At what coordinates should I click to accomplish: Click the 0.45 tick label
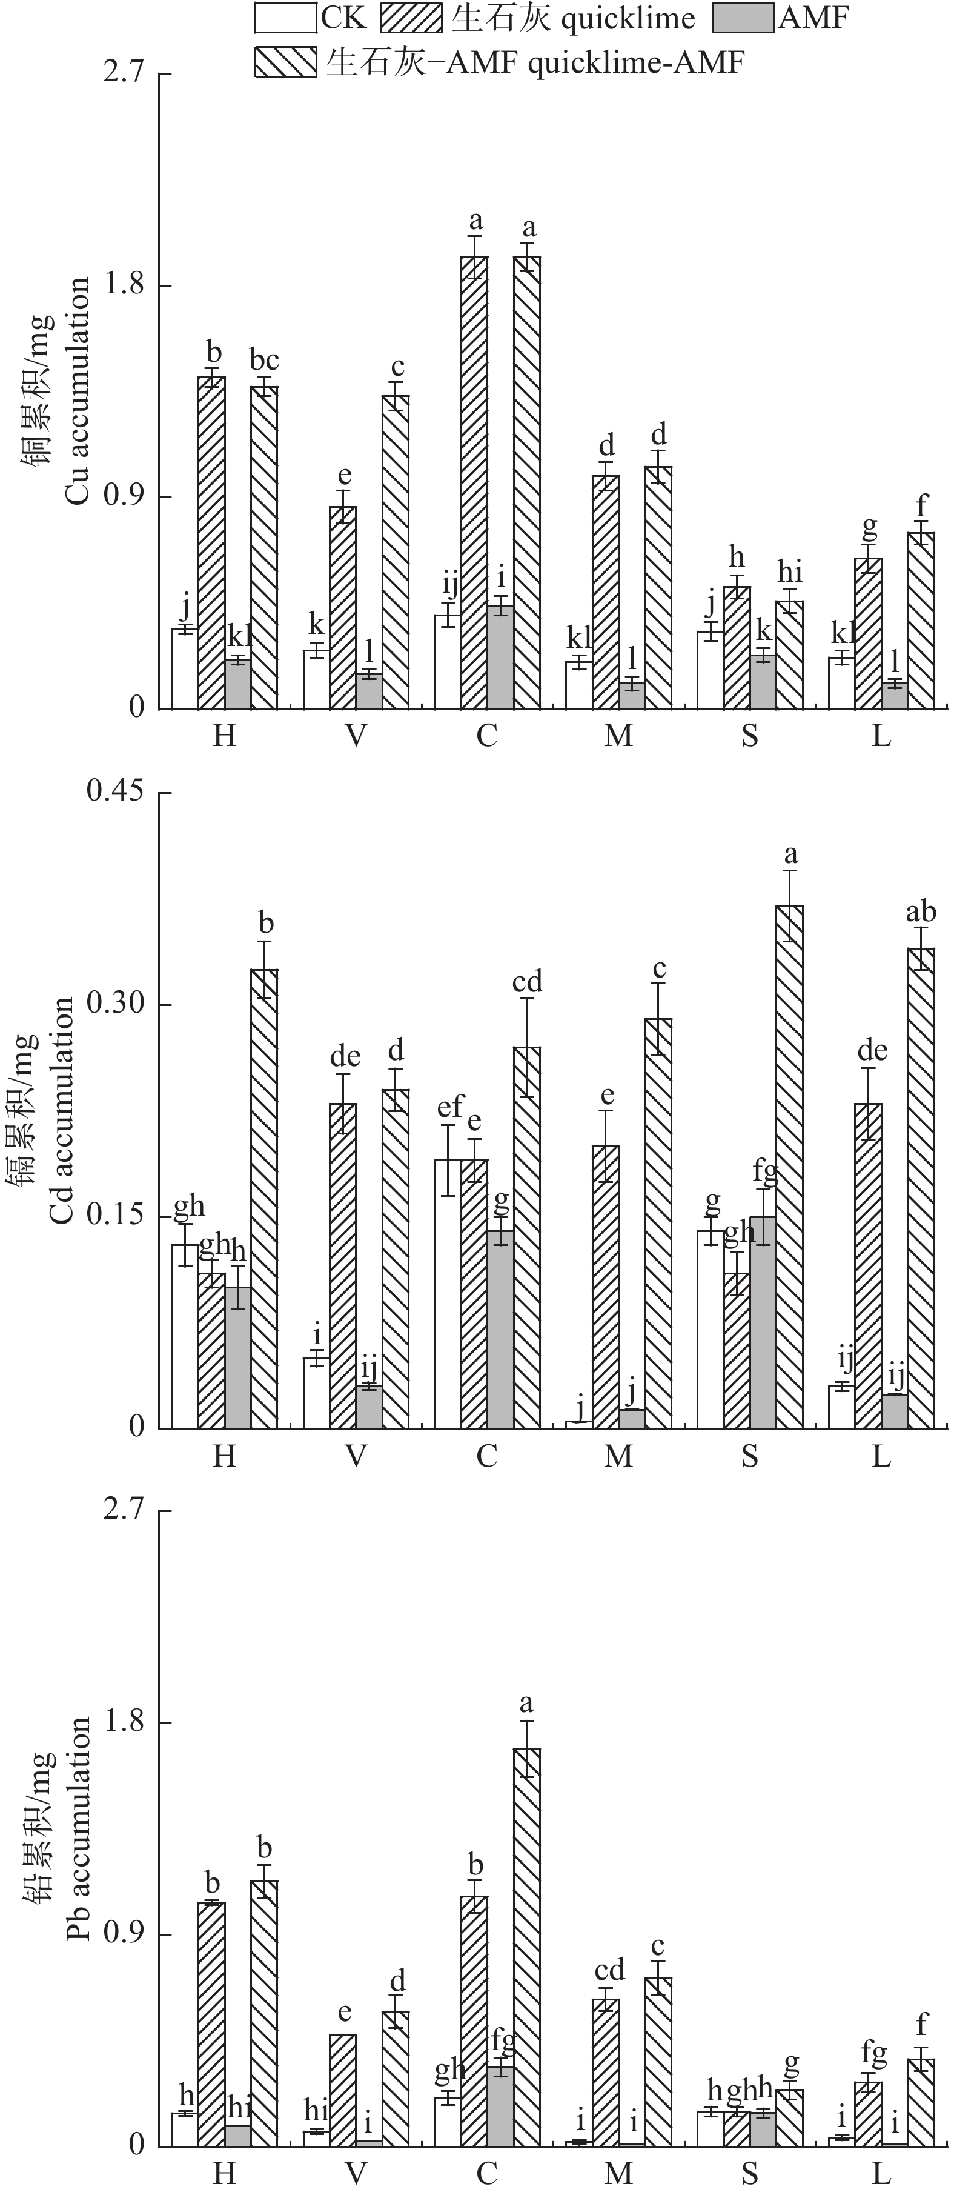click(x=115, y=791)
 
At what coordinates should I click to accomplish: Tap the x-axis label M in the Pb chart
click(x=618, y=2174)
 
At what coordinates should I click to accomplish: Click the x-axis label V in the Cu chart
click(x=356, y=734)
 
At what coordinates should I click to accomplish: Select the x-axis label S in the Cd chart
click(x=750, y=1456)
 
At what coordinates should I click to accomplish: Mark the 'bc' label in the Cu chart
click(x=264, y=361)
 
